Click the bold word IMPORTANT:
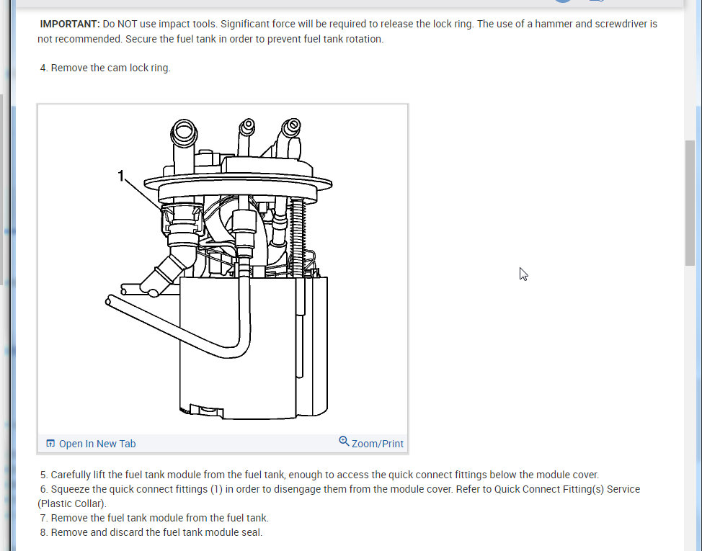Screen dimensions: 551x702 (70, 24)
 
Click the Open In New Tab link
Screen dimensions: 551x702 (97, 444)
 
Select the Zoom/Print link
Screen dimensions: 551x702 (377, 444)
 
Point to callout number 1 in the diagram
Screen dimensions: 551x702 (122, 175)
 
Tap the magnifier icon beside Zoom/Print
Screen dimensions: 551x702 (344, 442)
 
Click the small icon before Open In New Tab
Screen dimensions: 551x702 (50, 444)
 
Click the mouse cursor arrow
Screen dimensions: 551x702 (523, 274)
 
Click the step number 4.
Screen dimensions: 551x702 (44, 68)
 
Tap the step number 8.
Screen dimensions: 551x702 (44, 533)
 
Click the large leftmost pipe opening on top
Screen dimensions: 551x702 (183, 133)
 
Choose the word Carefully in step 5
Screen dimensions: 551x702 (75, 475)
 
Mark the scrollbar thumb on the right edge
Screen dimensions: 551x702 (690, 202)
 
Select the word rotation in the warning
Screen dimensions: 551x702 (360, 39)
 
